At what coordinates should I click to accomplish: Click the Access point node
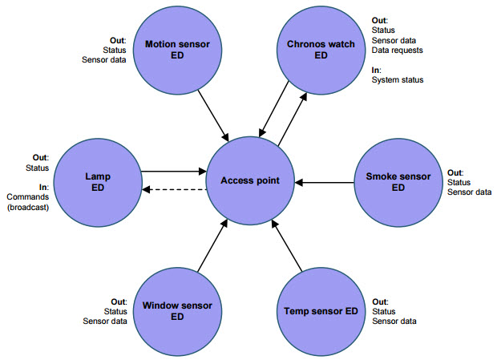250,180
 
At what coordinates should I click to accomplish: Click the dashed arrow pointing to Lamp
174,190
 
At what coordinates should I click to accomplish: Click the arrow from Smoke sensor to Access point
324,181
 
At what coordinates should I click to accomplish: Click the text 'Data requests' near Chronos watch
397,50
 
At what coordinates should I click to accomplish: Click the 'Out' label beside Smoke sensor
455,172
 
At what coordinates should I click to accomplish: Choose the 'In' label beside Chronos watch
376,70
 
